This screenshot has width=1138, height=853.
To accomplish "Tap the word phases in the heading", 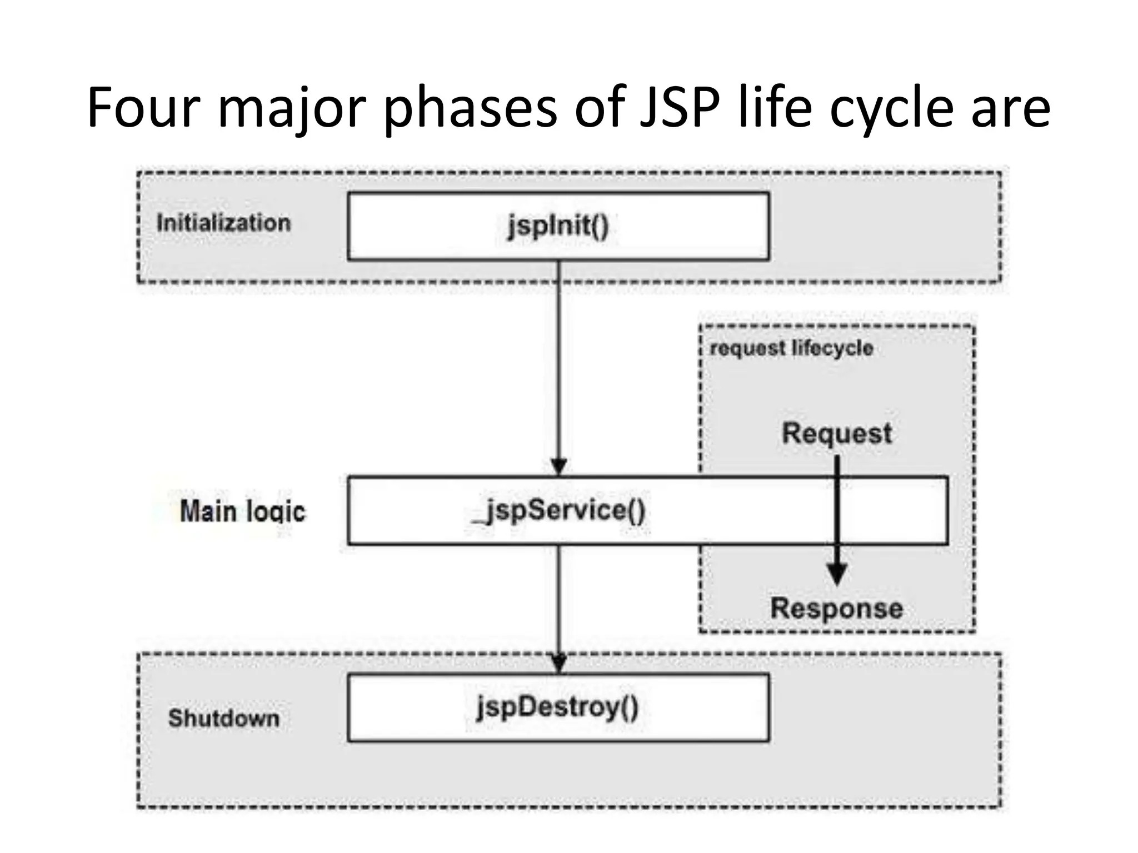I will pyautogui.click(x=470, y=108).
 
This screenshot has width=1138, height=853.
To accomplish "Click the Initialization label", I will pyautogui.click(x=223, y=223).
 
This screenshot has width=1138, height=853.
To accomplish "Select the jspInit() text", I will pyautogui.click(x=558, y=226).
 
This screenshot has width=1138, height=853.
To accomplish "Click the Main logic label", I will pyautogui.click(x=243, y=511).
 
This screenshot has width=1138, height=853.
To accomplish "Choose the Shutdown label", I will pyautogui.click(x=223, y=718).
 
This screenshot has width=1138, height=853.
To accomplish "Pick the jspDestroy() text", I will pyautogui.click(x=558, y=708).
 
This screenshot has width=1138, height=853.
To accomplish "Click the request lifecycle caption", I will pyautogui.click(x=791, y=348).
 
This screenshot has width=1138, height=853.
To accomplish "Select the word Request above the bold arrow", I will pyautogui.click(x=836, y=433).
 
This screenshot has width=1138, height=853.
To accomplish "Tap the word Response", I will pyautogui.click(x=836, y=608).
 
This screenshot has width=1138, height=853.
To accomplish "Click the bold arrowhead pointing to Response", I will pyautogui.click(x=837, y=574).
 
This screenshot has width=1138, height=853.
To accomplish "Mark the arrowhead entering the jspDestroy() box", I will pyautogui.click(x=558, y=663).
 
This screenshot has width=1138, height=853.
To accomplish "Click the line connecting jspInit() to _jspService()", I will pyautogui.click(x=558, y=361).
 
